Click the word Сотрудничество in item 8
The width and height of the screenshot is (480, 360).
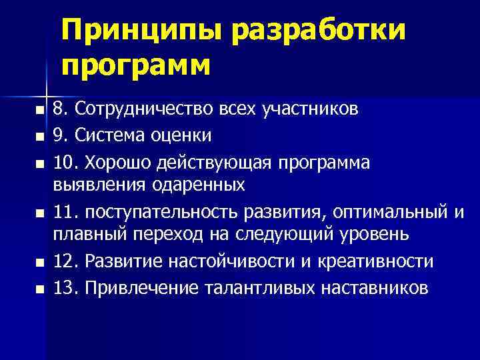point(151,108)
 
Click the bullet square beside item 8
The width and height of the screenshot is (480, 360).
point(39,109)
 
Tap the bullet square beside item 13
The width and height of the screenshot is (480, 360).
point(39,290)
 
